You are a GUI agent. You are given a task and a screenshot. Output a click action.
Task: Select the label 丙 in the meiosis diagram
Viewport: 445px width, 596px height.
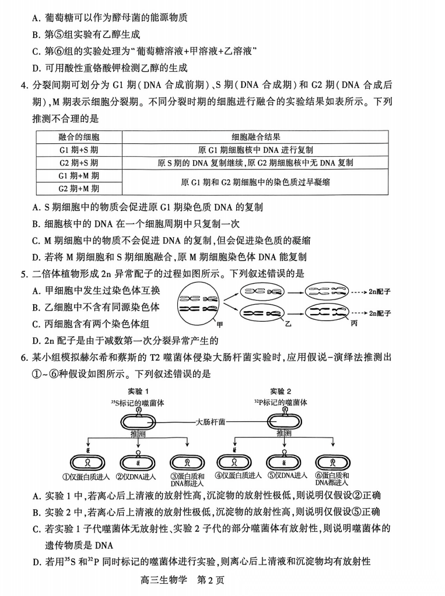[x=353, y=322]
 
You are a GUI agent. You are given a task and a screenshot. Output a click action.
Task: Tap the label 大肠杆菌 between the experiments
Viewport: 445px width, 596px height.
[x=211, y=421]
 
